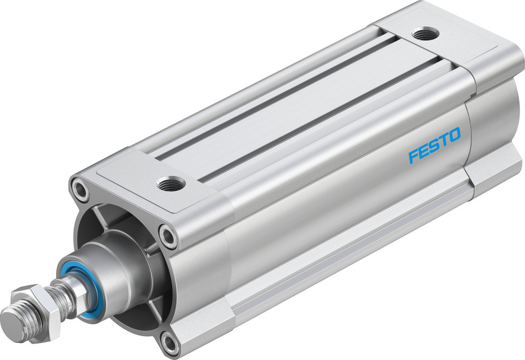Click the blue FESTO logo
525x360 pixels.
434,145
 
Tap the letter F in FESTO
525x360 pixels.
414,156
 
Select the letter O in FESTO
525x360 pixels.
454,135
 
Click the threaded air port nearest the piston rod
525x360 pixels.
171,184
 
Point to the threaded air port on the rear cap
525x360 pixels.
425,34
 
